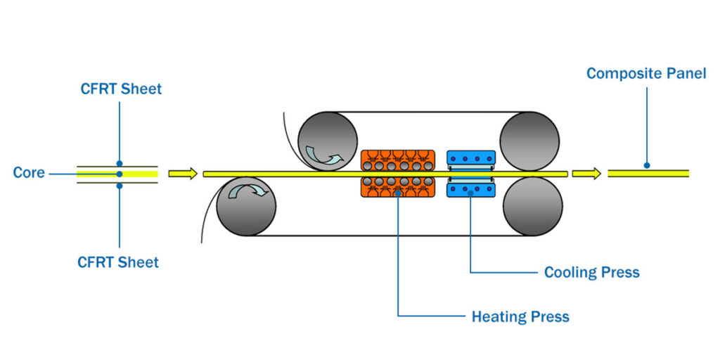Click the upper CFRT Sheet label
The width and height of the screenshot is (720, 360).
120,89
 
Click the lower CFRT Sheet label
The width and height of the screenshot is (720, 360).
118,262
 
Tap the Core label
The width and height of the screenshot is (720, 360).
29,173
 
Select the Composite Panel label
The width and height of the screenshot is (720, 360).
646,73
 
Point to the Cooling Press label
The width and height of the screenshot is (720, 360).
592,272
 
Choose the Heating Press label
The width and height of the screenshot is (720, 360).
520,316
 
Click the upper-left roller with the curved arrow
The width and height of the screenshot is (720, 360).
327,141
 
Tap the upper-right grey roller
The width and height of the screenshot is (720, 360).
530,141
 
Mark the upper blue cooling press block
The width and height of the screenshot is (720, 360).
471,159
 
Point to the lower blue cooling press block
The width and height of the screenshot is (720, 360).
471,188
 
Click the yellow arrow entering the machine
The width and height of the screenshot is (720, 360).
183,173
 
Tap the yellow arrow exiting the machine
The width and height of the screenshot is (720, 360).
586,173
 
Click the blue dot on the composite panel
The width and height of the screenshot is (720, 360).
646,167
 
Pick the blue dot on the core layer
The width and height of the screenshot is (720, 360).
120,174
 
